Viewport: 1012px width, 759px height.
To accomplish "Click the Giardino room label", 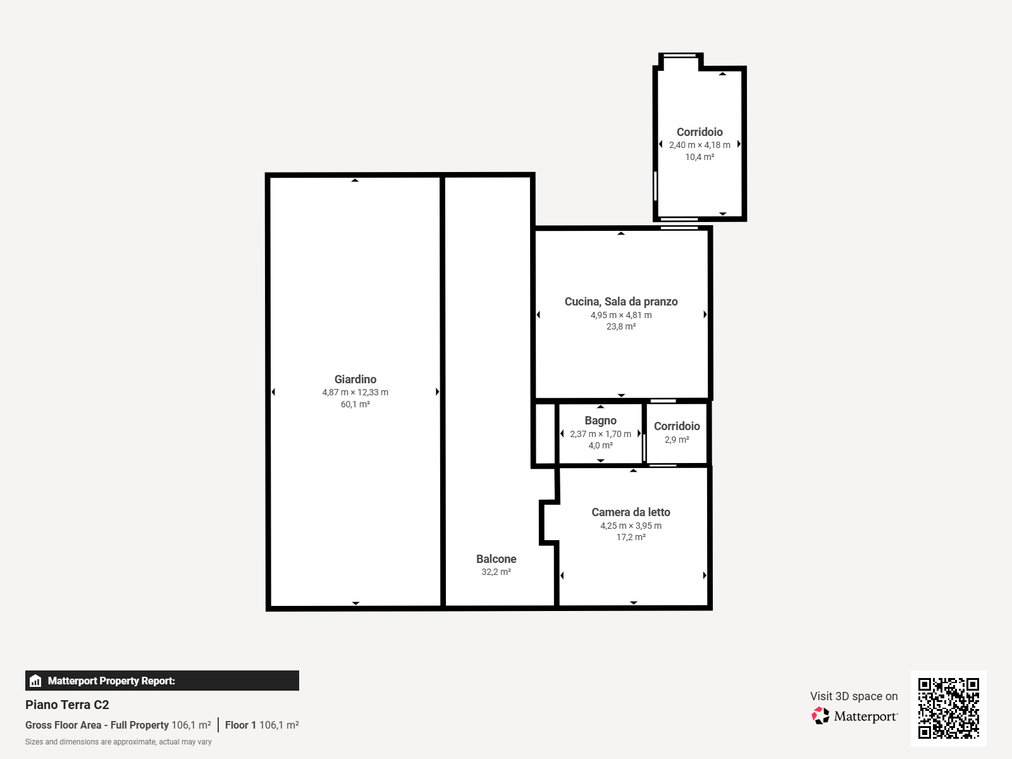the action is click(x=355, y=379).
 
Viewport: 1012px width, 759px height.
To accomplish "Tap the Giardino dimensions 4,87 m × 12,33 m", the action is click(x=355, y=392).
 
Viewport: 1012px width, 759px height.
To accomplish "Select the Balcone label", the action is click(x=496, y=559).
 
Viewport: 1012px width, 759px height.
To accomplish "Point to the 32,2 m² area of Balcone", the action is click(x=496, y=572).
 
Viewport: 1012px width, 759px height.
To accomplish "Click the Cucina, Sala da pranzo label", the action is click(x=621, y=302).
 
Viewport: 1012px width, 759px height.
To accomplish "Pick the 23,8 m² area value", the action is click(x=621, y=327).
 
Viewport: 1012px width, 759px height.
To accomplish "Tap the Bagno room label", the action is click(x=600, y=421).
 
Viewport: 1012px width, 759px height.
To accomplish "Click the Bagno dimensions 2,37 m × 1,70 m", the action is click(x=600, y=434).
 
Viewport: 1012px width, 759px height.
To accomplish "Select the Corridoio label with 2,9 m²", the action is click(x=677, y=426).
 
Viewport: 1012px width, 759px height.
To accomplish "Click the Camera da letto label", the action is click(x=631, y=512).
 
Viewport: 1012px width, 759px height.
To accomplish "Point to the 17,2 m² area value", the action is click(x=631, y=538).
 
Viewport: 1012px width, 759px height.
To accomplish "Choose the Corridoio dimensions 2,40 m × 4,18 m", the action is click(x=700, y=145).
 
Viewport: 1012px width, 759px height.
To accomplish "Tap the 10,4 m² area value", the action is click(x=700, y=157).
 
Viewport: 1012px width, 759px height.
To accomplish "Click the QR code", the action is click(x=948, y=708).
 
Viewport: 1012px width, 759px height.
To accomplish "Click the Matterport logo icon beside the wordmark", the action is click(x=820, y=716).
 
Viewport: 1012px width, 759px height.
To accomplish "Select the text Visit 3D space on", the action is click(x=854, y=696).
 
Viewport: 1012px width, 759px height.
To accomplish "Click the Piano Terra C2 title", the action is click(x=67, y=705).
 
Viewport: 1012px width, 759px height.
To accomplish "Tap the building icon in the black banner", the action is click(x=35, y=681).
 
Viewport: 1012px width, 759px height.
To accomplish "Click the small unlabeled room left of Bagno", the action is click(x=545, y=434).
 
